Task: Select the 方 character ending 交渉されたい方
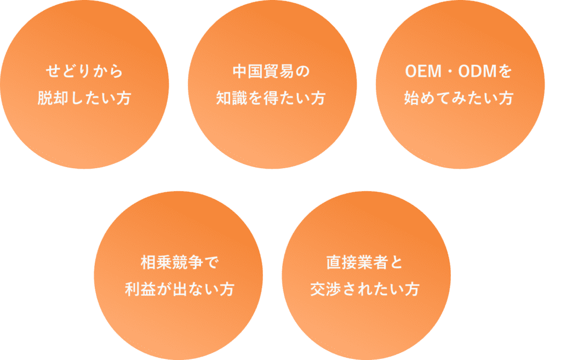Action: click(412, 289)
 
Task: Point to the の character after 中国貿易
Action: click(302, 71)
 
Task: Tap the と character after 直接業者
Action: click(396, 262)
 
